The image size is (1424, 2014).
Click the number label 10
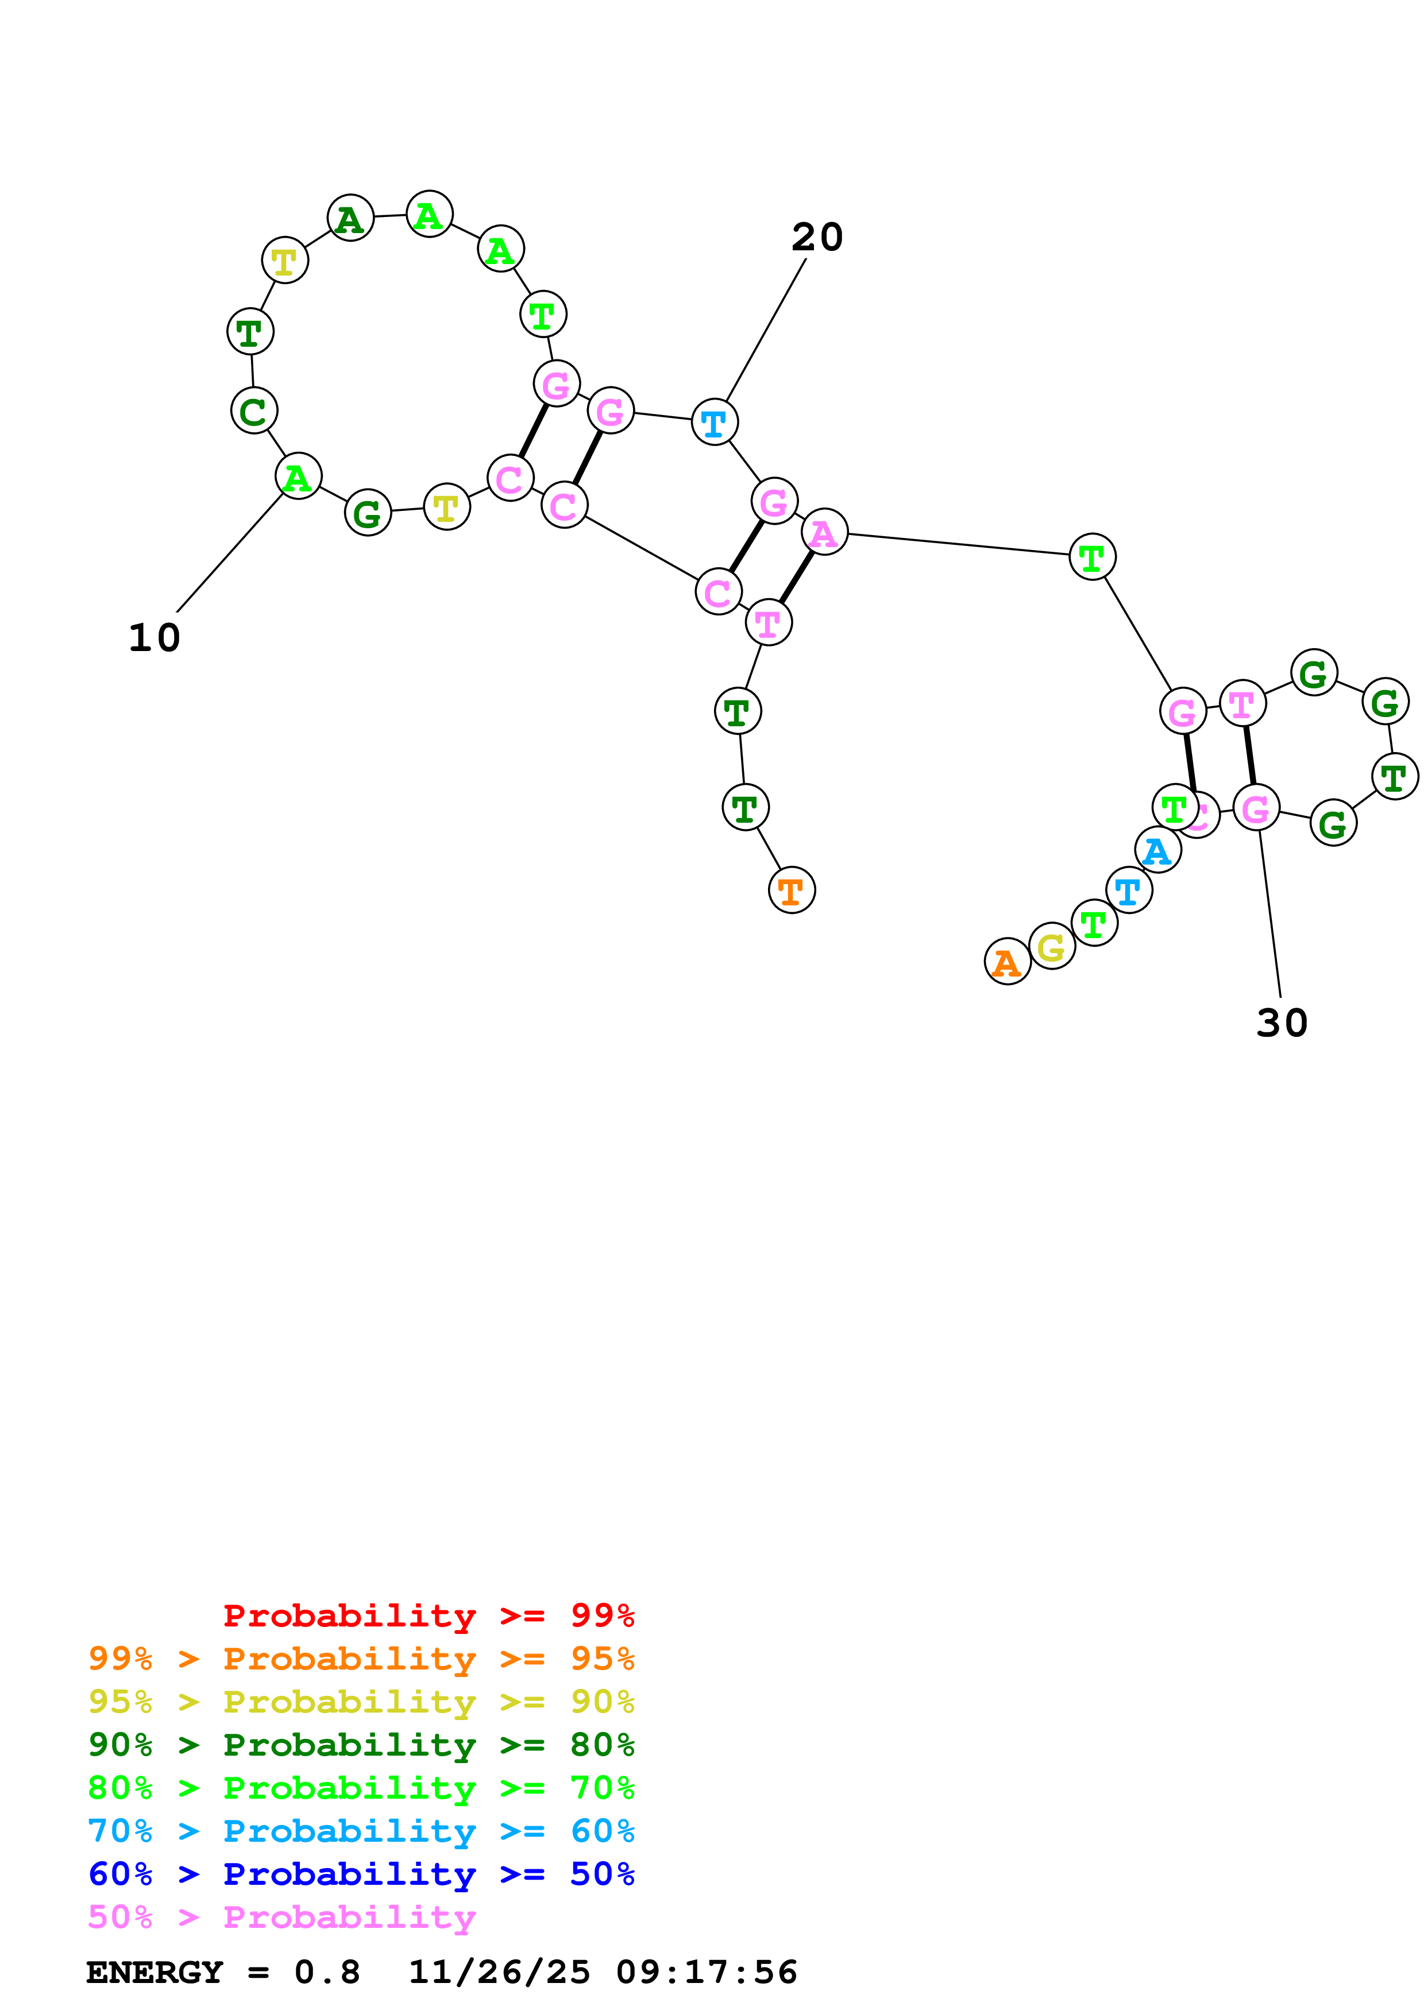155,638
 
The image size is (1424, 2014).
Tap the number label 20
817,237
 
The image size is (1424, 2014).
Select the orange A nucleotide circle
1006,962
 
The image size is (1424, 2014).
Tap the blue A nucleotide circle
1157,850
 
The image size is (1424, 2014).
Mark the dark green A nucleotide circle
350,218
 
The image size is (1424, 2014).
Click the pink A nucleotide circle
824,532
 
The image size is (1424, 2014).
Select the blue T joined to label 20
714,422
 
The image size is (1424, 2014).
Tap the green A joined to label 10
298,477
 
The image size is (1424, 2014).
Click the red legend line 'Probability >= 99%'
428,1616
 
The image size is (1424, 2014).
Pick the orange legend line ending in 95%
361,1659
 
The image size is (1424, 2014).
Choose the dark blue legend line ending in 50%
361,1874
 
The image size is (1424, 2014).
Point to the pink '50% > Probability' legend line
281,1916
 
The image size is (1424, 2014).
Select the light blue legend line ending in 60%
361,1831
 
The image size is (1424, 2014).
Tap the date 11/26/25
499,1973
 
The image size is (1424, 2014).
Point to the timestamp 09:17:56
707,1973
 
